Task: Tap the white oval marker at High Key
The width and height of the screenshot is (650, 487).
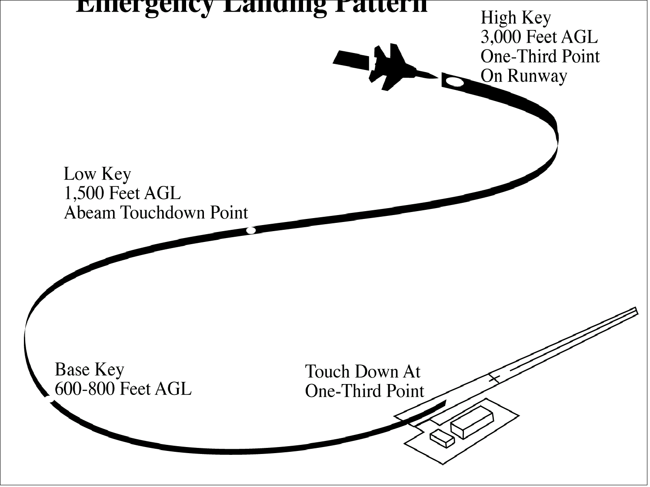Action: click(455, 82)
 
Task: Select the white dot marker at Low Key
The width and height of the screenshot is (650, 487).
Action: click(251, 230)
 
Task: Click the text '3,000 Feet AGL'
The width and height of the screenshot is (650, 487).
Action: click(539, 37)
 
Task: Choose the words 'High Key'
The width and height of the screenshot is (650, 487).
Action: click(515, 18)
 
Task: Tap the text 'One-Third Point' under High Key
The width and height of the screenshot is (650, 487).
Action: click(540, 56)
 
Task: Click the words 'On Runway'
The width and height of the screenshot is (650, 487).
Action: click(523, 76)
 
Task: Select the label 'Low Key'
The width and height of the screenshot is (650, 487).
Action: click(97, 174)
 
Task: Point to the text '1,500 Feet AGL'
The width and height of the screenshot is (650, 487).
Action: click(122, 193)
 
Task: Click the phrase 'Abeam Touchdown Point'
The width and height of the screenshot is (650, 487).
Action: click(156, 213)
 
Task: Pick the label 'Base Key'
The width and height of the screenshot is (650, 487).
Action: click(89, 370)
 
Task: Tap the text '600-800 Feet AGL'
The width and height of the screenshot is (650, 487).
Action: click(123, 389)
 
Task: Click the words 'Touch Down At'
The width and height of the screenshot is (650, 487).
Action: click(363, 372)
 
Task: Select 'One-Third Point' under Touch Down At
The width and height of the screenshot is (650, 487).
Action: click(364, 391)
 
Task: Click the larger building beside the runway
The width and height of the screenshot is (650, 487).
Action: click(472, 421)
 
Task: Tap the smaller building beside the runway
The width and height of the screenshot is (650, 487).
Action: click(442, 438)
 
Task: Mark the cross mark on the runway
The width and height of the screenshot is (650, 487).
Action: click(493, 378)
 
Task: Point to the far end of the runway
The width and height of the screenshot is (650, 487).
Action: click(636, 311)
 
